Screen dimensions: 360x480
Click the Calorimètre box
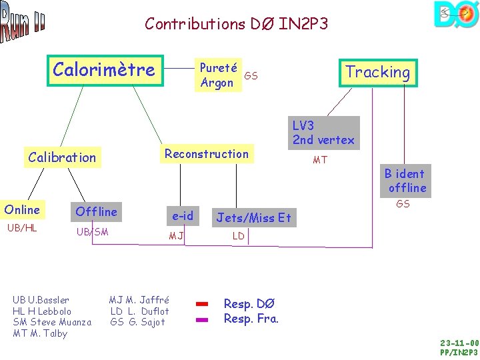[x=104, y=70]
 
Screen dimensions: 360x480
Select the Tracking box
[x=377, y=72]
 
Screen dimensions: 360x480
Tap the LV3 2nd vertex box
[x=323, y=133]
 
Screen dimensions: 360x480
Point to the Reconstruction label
[x=207, y=154]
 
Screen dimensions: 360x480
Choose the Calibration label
[x=62, y=157]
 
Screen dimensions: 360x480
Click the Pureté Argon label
[x=217, y=75]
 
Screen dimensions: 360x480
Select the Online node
[x=22, y=210]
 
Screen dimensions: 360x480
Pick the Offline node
[x=97, y=212]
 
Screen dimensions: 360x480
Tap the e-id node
[x=183, y=215]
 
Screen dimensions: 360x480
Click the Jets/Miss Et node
[x=253, y=217]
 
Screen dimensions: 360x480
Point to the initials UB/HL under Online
[x=22, y=228]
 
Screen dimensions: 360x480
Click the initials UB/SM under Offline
[x=93, y=232]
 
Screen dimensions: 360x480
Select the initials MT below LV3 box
[x=320, y=160]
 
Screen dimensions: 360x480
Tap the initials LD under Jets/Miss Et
[x=238, y=236]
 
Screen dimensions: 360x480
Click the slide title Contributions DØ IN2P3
[x=237, y=24]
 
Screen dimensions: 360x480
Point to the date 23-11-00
[x=459, y=343]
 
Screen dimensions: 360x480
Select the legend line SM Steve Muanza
[x=52, y=322]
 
